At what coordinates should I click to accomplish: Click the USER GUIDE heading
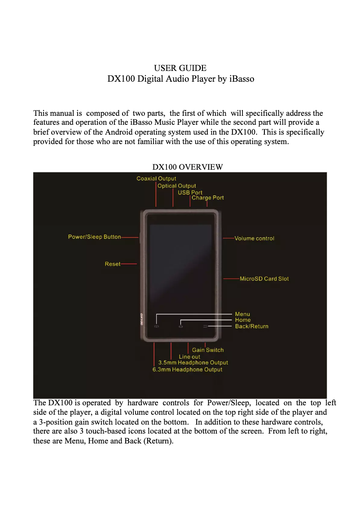180,68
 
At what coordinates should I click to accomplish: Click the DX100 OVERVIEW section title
188,167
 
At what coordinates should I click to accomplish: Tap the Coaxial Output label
156,179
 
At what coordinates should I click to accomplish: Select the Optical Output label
176,186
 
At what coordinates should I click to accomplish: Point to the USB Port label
190,193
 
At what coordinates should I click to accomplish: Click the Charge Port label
207,198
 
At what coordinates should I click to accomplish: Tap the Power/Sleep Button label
94,237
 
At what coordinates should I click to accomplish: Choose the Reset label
113,264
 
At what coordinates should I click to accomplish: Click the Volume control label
254,238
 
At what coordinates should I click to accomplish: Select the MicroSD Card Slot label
264,279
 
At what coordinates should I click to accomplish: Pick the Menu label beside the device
242,314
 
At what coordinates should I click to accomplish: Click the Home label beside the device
243,320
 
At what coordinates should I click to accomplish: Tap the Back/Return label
251,326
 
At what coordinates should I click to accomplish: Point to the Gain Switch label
208,350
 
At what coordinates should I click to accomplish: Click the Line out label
189,357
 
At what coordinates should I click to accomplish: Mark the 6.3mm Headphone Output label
187,369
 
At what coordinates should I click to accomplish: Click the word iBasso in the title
241,79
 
